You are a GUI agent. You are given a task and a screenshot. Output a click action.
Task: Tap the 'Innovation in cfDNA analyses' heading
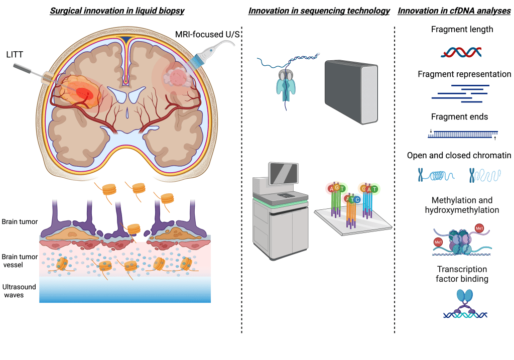pyautogui.click(x=455, y=11)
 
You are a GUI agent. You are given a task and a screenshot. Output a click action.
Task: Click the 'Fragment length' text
pyautogui.click(x=462, y=29)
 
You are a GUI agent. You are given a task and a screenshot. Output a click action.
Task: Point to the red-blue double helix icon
pyautogui.click(x=461, y=51)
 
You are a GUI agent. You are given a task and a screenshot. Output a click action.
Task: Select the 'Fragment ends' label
pyautogui.click(x=459, y=116)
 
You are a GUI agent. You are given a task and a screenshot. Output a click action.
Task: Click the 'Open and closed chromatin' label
pyautogui.click(x=459, y=156)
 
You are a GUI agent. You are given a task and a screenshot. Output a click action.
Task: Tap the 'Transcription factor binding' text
pyautogui.click(x=462, y=274)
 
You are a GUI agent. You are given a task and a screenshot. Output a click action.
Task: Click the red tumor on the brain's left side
pyautogui.click(x=83, y=93)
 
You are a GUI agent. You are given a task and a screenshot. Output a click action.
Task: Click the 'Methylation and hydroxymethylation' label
pyautogui.click(x=462, y=205)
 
